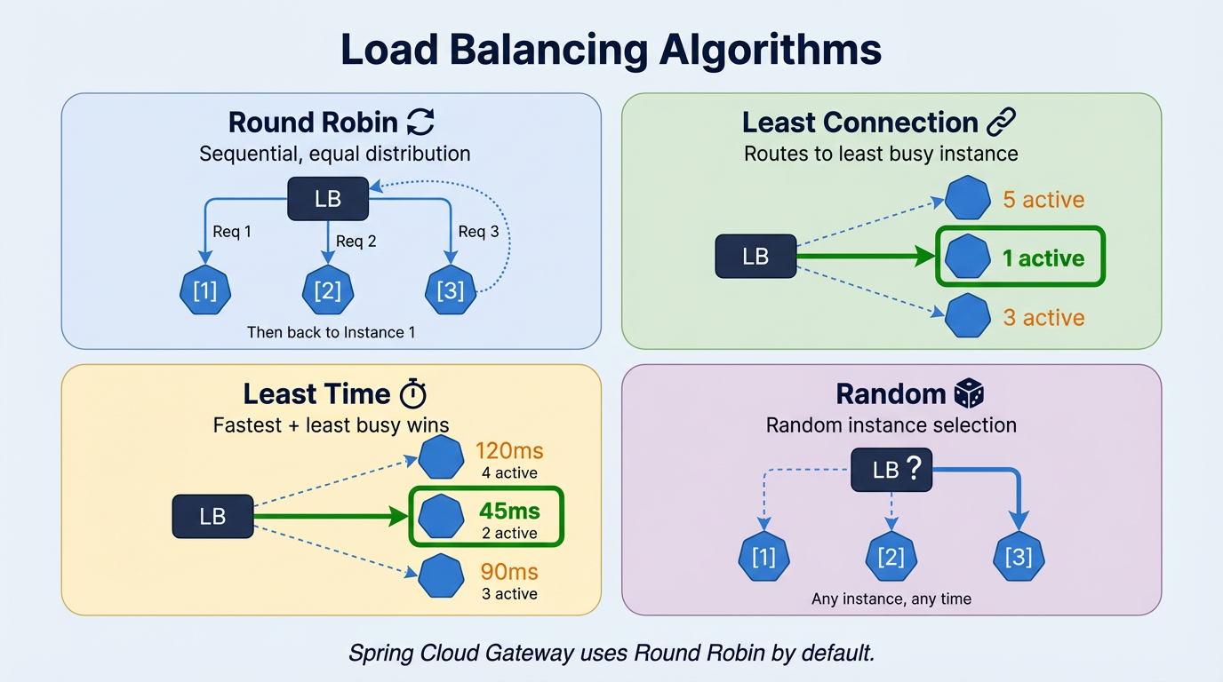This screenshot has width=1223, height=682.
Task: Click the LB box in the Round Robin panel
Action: [328, 199]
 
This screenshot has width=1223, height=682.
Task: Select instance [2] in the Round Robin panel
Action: [328, 290]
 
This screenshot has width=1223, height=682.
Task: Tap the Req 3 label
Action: [478, 232]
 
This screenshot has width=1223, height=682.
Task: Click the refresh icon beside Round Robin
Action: [420, 123]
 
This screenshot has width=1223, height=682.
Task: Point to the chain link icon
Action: [1002, 122]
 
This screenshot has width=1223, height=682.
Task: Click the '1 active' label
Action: [1043, 258]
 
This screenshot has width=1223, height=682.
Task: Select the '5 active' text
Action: [1043, 200]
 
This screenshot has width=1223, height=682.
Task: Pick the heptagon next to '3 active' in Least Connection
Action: [967, 316]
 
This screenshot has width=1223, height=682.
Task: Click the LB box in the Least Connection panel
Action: [755, 257]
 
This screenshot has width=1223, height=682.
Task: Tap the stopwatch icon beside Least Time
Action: [413, 393]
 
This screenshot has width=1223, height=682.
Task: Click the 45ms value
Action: [509, 511]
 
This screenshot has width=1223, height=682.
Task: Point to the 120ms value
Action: [509, 451]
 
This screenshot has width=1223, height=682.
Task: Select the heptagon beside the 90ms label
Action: [441, 576]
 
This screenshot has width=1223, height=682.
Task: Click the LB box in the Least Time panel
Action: [212, 516]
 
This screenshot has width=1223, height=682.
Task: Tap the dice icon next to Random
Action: [968, 393]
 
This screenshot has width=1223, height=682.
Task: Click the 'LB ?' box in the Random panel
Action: [891, 470]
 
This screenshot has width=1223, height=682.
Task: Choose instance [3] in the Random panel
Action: [1018, 557]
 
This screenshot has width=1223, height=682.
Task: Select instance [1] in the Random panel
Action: [764, 557]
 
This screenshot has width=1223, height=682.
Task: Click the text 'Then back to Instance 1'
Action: [332, 333]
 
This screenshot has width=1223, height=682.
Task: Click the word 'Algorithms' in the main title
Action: [770, 51]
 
